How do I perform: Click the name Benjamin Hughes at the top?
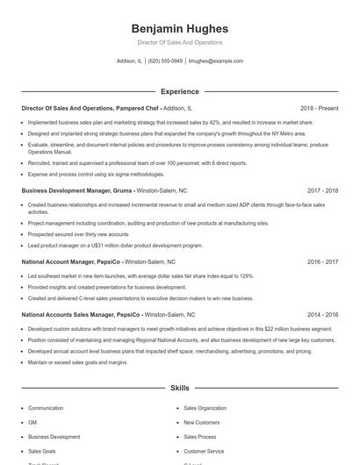[x=179, y=28]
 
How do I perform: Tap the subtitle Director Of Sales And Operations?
[x=179, y=42]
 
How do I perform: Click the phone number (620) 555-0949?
[x=165, y=61]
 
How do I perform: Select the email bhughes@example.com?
[x=216, y=61]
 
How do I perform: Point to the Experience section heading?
[x=179, y=90]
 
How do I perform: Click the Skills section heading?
[x=179, y=387]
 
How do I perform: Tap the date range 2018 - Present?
[x=319, y=108]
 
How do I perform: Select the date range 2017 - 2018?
[x=322, y=190]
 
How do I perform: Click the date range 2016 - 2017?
[x=322, y=261]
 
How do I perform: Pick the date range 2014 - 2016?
[x=322, y=314]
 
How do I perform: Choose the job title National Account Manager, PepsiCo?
[x=72, y=261]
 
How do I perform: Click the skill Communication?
[x=46, y=408]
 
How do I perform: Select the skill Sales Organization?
[x=205, y=408]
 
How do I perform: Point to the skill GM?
[x=32, y=422]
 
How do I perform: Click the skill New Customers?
[x=201, y=422]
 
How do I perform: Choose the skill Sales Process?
[x=199, y=436]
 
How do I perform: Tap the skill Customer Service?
[x=204, y=450]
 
